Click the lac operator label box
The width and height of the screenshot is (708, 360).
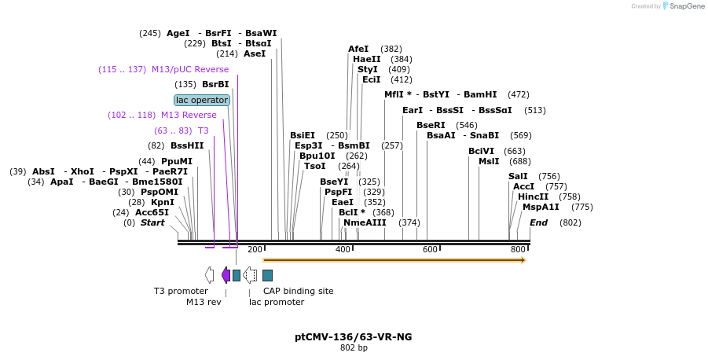point(202,100)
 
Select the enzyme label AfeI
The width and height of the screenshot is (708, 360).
point(358,49)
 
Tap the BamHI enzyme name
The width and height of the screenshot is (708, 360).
point(480,94)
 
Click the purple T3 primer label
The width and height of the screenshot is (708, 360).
point(204,130)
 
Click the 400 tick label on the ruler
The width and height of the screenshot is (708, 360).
point(343,249)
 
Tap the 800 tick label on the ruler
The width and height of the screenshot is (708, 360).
point(518,249)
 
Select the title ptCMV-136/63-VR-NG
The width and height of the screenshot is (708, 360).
point(354,336)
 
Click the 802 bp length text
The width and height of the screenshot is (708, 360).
point(354,347)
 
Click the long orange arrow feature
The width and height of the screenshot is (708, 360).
point(394,259)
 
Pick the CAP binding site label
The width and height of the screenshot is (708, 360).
point(298,291)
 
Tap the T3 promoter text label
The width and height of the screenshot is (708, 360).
point(181,291)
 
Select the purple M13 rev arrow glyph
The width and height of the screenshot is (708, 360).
point(226,274)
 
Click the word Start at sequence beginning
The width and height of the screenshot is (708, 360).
point(152,222)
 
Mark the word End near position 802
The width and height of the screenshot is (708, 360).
point(538,222)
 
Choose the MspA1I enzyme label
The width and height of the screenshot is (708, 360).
point(541,207)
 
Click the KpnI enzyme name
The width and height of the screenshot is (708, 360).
point(163,202)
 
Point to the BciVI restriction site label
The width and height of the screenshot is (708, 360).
point(481,151)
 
